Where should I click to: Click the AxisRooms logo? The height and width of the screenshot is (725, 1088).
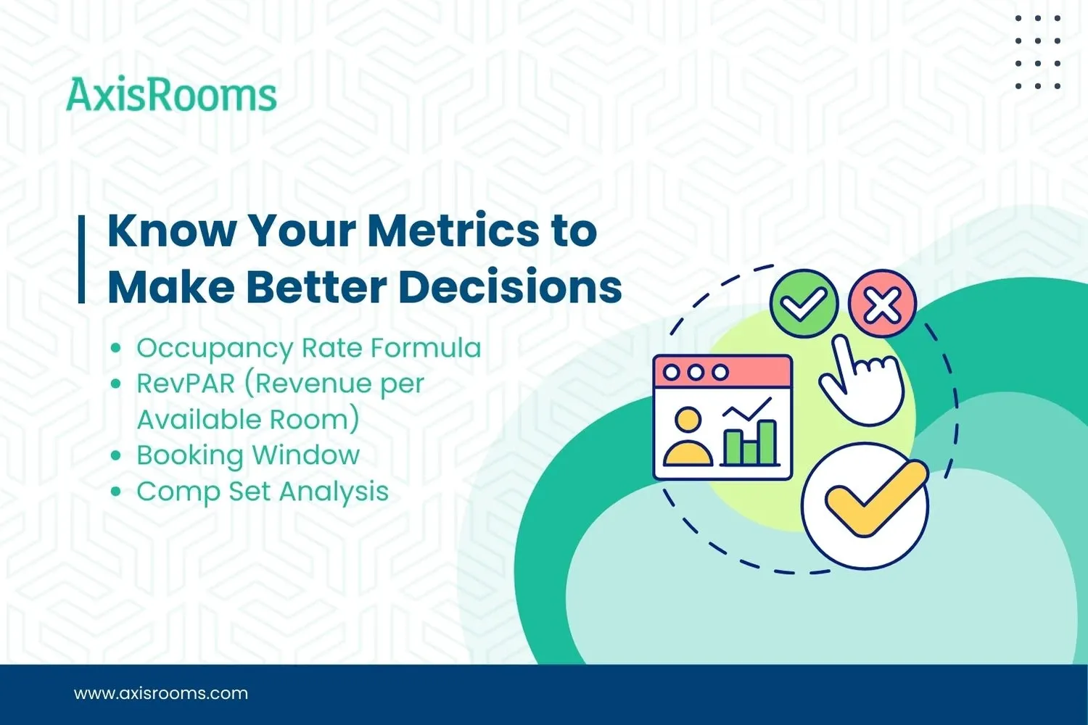tap(171, 95)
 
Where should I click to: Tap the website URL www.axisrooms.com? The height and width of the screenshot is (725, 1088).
tap(161, 693)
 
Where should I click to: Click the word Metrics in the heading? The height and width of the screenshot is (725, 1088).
tap(453, 231)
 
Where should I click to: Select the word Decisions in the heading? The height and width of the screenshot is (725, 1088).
tap(510, 287)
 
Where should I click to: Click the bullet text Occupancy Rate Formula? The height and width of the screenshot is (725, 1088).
tap(308, 348)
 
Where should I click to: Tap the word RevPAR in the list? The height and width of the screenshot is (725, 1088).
tap(186, 384)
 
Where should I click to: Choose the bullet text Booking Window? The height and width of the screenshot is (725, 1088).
tap(248, 455)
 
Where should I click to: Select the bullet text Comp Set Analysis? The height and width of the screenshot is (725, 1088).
tap(263, 492)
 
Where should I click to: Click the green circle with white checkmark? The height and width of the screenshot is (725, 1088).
tap(804, 303)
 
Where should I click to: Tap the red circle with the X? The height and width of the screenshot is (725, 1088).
tap(882, 303)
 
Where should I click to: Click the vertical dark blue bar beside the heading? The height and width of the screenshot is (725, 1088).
tap(82, 259)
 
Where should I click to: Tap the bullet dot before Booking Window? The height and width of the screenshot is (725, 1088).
tap(115, 456)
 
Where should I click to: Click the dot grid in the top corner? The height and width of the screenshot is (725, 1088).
tap(1038, 52)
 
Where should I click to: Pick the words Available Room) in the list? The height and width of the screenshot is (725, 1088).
tap(248, 420)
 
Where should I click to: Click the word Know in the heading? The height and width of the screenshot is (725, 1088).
tap(172, 231)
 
